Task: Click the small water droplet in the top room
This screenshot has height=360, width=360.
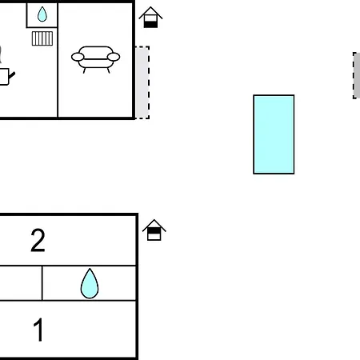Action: click(x=42, y=14)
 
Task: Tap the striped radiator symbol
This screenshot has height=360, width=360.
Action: click(x=42, y=38)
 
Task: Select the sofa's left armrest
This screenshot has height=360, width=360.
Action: click(x=78, y=57)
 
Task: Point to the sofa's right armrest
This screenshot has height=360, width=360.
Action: click(x=114, y=57)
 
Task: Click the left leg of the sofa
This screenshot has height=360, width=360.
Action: click(x=84, y=70)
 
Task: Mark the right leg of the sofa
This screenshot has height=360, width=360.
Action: click(x=108, y=70)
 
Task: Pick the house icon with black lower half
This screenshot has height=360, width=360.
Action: click(x=150, y=18)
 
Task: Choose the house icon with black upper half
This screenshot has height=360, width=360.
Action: click(x=154, y=230)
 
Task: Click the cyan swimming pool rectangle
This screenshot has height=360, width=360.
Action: click(x=274, y=134)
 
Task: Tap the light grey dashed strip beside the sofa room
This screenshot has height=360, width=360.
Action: click(x=142, y=82)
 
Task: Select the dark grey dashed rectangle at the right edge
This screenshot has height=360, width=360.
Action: click(x=357, y=75)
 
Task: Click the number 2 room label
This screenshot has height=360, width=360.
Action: click(x=38, y=240)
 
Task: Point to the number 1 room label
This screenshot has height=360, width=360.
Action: click(x=38, y=330)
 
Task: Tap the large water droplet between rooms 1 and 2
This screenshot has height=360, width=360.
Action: click(x=90, y=283)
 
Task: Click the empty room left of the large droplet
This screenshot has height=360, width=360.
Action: click(x=21, y=283)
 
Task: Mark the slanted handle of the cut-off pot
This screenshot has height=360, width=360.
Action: click(x=12, y=75)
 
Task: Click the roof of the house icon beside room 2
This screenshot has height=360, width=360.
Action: click(x=154, y=226)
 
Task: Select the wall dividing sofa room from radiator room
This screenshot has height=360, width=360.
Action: click(x=58, y=60)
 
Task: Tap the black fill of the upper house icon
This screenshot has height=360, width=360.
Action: click(x=150, y=25)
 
